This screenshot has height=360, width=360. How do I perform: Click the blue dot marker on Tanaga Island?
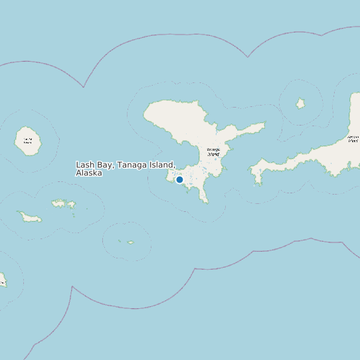[x=179, y=179]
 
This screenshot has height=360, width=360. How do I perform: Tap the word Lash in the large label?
[x=85, y=165]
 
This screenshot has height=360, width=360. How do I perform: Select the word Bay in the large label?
[x=105, y=165]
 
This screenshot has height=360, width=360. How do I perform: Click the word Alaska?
[x=89, y=173]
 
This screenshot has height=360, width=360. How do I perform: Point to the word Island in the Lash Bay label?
[x=161, y=165]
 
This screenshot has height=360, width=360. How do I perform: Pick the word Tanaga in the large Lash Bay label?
[x=132, y=165]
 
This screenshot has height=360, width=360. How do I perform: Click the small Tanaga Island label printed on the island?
[x=213, y=152]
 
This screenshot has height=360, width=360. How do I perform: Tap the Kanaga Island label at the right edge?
[x=353, y=139]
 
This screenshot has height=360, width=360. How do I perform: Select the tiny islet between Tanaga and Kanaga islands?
[x=300, y=103]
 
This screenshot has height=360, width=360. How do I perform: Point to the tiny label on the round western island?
[x=27, y=141]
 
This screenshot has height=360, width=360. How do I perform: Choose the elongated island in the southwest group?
[x=29, y=217]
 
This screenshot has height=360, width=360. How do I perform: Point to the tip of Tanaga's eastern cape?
[x=264, y=124]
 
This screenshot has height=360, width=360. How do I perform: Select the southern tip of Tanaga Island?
[x=206, y=202]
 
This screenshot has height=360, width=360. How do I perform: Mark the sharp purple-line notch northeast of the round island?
[x=84, y=87]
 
